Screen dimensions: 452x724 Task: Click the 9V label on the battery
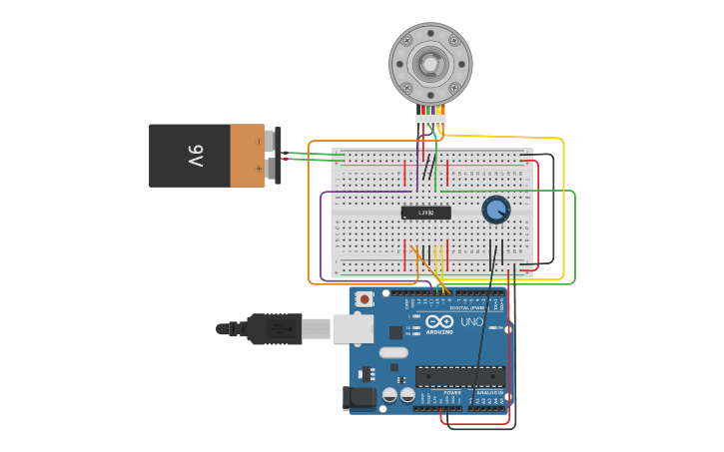pyautogui.click(x=196, y=156)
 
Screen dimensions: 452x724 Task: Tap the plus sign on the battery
pyautogui.click(x=259, y=170)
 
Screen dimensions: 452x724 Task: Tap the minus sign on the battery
pyautogui.click(x=259, y=142)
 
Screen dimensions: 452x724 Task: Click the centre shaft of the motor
pyautogui.click(x=430, y=64)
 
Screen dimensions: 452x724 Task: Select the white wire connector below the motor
pyautogui.click(x=430, y=121)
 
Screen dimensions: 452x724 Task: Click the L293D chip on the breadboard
pyautogui.click(x=426, y=213)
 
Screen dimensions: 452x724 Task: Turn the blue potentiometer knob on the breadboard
pyautogui.click(x=496, y=210)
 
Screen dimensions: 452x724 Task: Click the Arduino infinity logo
pyautogui.click(x=439, y=322)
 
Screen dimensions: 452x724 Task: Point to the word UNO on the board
pyautogui.click(x=470, y=322)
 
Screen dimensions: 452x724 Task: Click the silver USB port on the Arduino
pyautogui.click(x=353, y=328)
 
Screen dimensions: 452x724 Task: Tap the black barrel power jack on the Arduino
pyautogui.click(x=359, y=398)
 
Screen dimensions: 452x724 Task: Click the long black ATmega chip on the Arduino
pyautogui.click(x=459, y=376)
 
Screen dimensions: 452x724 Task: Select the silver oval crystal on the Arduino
pyautogui.click(x=393, y=352)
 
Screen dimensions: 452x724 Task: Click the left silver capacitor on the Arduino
pyautogui.click(x=389, y=395)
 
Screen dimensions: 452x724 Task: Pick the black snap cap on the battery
pyautogui.click(x=277, y=156)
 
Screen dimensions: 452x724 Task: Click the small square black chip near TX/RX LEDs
pyautogui.click(x=395, y=332)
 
